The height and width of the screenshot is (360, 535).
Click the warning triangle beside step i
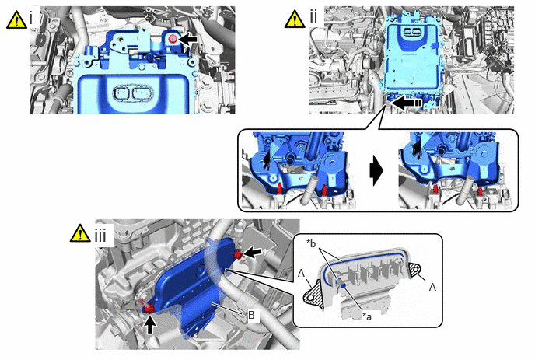coord(16,19)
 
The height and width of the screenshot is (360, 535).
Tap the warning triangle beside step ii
coord(295,19)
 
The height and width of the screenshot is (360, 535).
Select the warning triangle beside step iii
coord(80,233)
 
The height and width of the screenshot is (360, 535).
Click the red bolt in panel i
coord(173,39)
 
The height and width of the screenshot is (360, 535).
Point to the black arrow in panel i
coord(187,39)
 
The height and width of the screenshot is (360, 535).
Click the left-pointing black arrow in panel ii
coord(406,103)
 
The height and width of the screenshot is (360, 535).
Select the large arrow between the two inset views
coord(376,170)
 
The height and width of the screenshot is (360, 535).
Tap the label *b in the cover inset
coord(311,243)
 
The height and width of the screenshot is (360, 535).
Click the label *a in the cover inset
coord(367,316)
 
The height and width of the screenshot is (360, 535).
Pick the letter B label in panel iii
coord(251,315)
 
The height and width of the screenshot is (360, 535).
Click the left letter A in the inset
coord(301,274)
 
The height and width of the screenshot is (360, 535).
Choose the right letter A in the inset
coord(432,288)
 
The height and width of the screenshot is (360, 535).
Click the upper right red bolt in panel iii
coord(238,254)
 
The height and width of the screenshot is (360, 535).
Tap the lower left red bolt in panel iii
coord(149,309)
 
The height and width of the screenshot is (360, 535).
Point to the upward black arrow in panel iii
coord(150,323)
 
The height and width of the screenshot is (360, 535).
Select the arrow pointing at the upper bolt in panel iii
coord(253,253)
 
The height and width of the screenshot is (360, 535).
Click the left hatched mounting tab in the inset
coord(313,295)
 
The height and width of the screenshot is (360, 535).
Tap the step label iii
coord(100,236)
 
